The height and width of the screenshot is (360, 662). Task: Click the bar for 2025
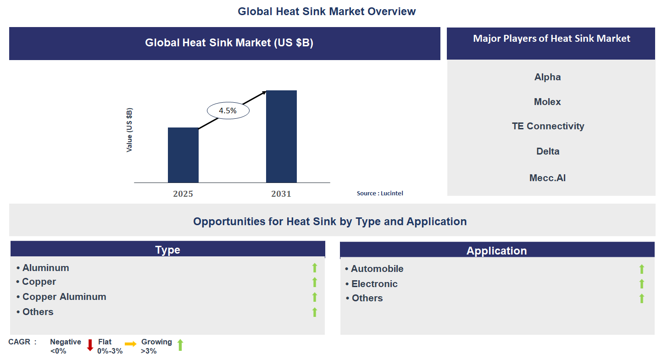[x=183, y=155]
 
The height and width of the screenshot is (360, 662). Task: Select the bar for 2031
[x=281, y=136]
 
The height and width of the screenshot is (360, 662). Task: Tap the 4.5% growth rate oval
[x=228, y=111]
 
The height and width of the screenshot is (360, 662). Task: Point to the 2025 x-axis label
[x=183, y=194]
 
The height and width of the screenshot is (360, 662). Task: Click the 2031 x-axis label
[x=281, y=194]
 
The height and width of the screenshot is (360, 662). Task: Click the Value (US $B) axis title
[x=129, y=130]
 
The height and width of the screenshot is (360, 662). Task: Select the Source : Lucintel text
[x=380, y=194]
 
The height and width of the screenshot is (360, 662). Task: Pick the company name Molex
[x=547, y=102]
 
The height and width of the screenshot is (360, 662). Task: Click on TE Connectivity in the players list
[x=548, y=126]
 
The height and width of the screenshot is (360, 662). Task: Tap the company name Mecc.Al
[x=547, y=178]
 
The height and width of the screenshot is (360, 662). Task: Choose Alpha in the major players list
[x=547, y=77]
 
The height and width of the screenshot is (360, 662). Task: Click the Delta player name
[x=547, y=151]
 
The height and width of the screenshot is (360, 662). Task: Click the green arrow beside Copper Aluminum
[x=315, y=297]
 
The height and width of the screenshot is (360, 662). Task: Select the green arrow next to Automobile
[x=641, y=269]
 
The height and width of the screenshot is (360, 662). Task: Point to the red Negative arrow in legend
[x=90, y=345]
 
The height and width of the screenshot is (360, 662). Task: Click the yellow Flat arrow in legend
[x=131, y=344]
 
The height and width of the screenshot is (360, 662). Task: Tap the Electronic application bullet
[x=374, y=284]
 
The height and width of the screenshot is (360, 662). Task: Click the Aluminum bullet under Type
[x=45, y=268]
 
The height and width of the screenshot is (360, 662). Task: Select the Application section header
[x=497, y=251]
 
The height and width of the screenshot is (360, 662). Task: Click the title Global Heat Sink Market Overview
[x=327, y=11]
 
